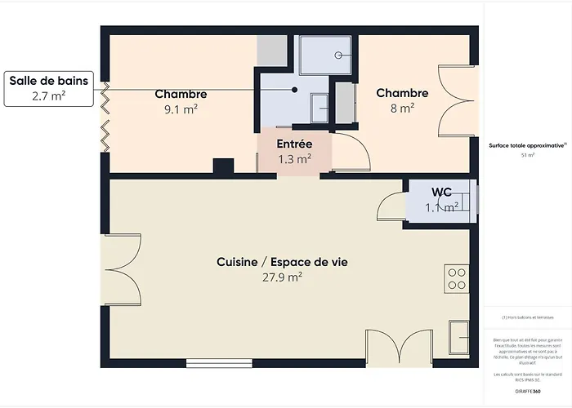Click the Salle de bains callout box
tap(48, 88)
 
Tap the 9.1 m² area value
tap(181, 109)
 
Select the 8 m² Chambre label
tap(402, 93)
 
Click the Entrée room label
tap(294, 144)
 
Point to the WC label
tap(442, 192)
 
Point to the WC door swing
tap(392, 206)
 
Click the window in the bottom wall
tap(213, 363)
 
